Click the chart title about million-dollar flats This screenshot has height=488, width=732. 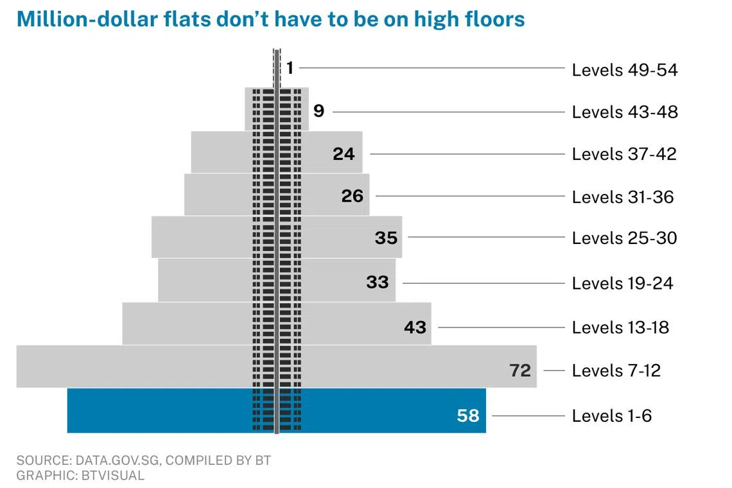pos(270,19)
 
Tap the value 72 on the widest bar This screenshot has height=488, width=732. pos(520,370)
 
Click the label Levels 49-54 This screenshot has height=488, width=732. pos(624,69)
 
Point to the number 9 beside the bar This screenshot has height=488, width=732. pos(319,111)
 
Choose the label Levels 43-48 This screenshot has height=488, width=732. pos(624,112)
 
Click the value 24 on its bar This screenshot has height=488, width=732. pos(344,154)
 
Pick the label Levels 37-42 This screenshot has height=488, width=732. pos(623,154)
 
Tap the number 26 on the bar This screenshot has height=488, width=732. pos(353,195)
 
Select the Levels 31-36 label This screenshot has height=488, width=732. pos(622,196)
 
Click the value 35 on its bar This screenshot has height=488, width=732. pos(386,238)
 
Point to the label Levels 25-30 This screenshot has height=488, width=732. pos(624,238)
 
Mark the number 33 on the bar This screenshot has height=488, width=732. pos(378,282)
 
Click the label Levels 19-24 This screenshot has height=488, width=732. pos(622,283)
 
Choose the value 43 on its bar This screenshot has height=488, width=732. pos(415,327)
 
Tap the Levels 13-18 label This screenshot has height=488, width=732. pos(620,327)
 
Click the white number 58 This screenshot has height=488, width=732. pos(468,415)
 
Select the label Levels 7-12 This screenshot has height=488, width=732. pos(616,370)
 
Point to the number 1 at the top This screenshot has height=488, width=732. pos(290,67)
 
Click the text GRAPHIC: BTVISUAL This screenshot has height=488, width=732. pos(80,476)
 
